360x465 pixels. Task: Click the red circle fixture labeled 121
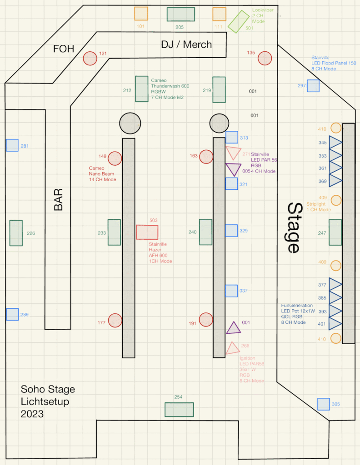pyautogui.click(x=90, y=58)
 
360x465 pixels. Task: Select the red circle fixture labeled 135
pyautogui.click(x=265, y=58)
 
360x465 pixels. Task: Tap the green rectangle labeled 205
pyautogui.click(x=180, y=15)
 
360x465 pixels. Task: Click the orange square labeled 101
pyautogui.click(x=141, y=14)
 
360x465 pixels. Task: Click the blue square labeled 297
pyautogui.click(x=313, y=86)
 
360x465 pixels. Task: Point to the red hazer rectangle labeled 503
pyautogui.click(x=147, y=232)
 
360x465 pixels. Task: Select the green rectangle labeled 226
pyautogui.click(x=16, y=233)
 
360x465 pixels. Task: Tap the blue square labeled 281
pyautogui.click(x=12, y=145)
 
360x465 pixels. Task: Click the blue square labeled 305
pyautogui.click(x=323, y=404)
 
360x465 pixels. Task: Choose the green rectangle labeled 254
pyautogui.click(x=179, y=410)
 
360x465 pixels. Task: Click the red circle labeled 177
pyautogui.click(x=115, y=320)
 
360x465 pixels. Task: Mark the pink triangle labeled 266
pyautogui.click(x=232, y=349)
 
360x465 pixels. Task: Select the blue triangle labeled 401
pyautogui.click(x=335, y=323)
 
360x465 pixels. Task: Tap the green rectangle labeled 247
pyautogui.click(x=335, y=232)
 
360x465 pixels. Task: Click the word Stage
pyautogui.click(x=294, y=228)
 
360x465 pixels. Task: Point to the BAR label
pyautogui.click(x=58, y=199)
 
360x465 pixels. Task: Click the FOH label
pyautogui.click(x=64, y=49)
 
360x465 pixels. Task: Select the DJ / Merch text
pyautogui.click(x=186, y=44)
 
